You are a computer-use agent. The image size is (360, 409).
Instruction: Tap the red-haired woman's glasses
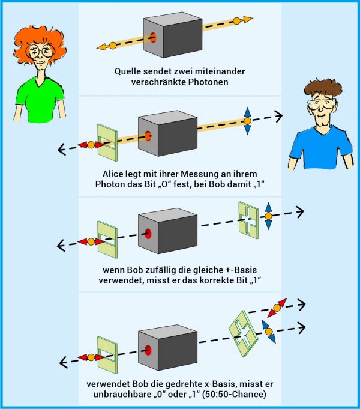pyautogui.click(x=40, y=51)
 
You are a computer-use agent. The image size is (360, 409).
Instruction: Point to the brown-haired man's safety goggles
pyautogui.click(x=322, y=105)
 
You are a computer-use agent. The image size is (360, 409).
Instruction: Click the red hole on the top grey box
pyautogui.click(x=153, y=38)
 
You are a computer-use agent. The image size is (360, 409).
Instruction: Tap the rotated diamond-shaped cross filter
pyautogui.click(x=243, y=333)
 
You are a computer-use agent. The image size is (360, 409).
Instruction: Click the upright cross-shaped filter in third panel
pyautogui.click(x=248, y=220)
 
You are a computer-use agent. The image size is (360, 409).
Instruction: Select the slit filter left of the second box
pyautogui.click(x=107, y=142)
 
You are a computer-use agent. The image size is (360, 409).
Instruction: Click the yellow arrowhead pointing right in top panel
pyautogui.click(x=248, y=19)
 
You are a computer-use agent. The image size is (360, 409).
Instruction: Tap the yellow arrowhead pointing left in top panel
pyautogui.click(x=101, y=47)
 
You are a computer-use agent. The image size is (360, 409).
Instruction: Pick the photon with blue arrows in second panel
pyautogui.click(x=247, y=121)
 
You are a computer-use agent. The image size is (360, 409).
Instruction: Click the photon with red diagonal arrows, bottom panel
pyautogui.click(x=277, y=308)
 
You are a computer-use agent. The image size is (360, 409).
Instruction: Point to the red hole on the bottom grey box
pyautogui.click(x=148, y=350)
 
